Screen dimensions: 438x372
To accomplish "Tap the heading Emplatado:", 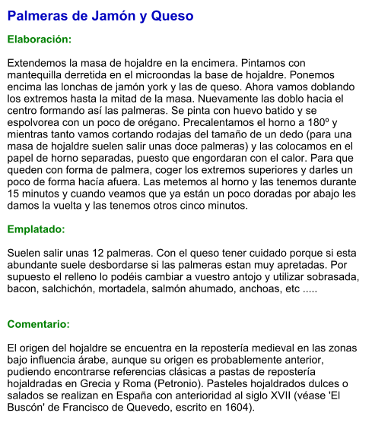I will [36, 228].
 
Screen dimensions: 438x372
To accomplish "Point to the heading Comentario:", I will [38, 324].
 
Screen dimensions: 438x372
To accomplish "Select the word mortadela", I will [142, 288].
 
